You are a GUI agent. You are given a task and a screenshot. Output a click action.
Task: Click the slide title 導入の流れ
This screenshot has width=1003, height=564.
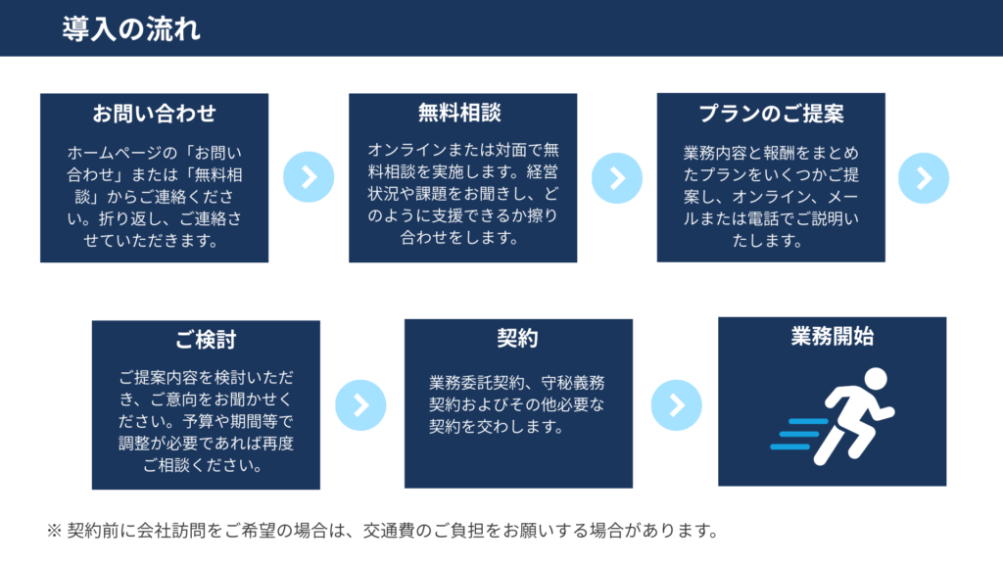tap(131, 29)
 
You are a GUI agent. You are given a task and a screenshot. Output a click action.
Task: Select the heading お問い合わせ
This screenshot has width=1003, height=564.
tap(154, 114)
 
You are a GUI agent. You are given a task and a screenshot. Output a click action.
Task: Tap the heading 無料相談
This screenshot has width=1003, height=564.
tap(460, 113)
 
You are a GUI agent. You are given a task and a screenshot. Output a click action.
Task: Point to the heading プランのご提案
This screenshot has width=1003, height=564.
tap(771, 114)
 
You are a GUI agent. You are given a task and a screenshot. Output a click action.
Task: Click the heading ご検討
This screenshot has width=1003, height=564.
tap(206, 340)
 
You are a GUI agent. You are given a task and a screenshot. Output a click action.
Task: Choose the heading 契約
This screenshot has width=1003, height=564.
tap(517, 338)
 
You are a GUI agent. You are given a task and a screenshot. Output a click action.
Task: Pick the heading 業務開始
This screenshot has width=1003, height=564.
tap(833, 336)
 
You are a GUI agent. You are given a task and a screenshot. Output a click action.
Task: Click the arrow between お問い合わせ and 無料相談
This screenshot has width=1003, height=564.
tap(309, 177)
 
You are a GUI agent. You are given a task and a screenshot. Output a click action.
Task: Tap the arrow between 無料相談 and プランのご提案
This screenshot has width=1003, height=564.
tap(617, 178)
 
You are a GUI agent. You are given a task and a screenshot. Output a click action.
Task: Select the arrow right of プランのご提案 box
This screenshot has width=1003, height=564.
tap(924, 178)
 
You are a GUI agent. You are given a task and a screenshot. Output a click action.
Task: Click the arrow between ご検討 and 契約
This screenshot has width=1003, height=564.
tap(360, 405)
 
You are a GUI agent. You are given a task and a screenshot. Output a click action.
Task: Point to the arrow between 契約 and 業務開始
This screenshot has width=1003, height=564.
tap(676, 404)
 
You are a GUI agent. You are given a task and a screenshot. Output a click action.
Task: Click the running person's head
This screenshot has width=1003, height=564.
tap(876, 379)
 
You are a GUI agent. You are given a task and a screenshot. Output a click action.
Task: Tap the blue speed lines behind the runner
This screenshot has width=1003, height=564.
tap(798, 434)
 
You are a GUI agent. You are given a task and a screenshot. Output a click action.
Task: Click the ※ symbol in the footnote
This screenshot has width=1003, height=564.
tap(54, 531)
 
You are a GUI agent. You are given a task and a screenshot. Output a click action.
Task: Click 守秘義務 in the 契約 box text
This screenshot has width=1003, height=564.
tap(572, 383)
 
